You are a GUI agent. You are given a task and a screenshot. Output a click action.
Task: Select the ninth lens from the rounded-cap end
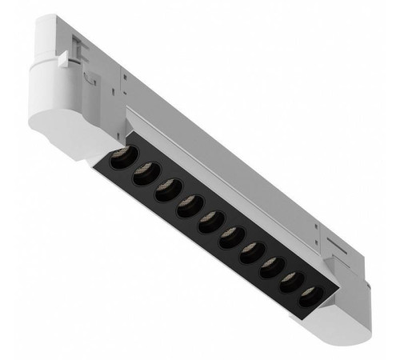[x=290, y=282]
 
